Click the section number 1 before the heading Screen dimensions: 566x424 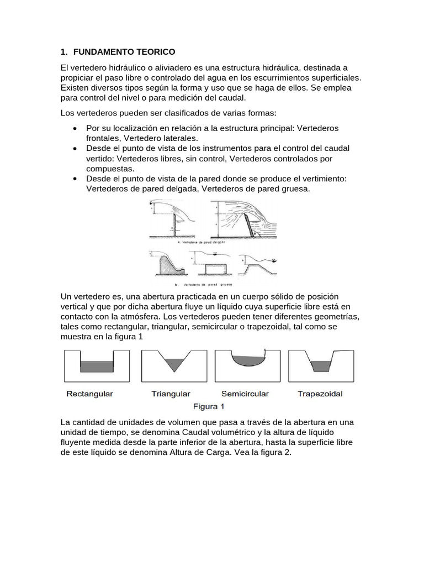tap(63, 52)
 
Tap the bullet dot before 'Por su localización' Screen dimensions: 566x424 tap(75, 128)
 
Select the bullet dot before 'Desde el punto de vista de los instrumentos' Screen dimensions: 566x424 tap(75, 149)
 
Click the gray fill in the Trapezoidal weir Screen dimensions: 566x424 tap(320, 366)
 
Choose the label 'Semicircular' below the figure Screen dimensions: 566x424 tap(245, 394)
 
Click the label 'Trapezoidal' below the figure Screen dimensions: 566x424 tap(320, 394)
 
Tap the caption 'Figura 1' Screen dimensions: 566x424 tap(208, 407)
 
